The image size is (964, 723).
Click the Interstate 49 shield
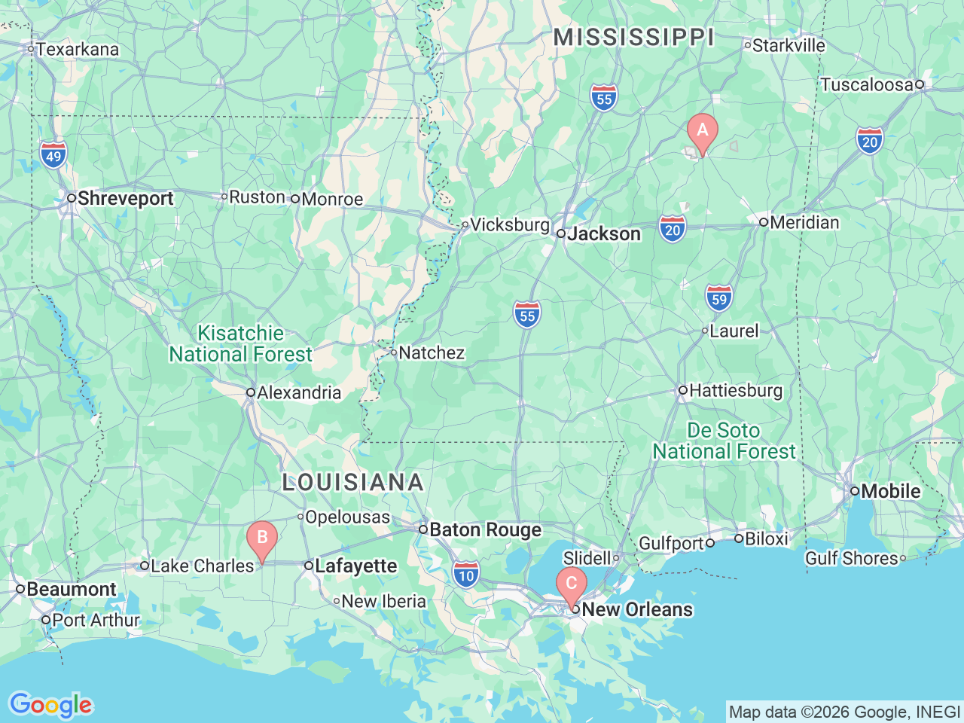(53, 155)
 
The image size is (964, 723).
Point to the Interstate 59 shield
(719, 297)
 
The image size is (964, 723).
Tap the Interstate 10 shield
(466, 574)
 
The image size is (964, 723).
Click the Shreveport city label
(125, 198)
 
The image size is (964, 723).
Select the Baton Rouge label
(484, 530)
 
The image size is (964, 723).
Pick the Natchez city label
(431, 352)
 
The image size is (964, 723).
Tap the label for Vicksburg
(510, 224)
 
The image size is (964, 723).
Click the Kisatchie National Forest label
(240, 343)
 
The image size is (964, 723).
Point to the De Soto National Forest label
(724, 441)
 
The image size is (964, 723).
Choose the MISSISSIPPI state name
(633, 37)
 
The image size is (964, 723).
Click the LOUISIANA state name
(353, 483)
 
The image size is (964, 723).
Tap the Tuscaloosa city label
(867, 84)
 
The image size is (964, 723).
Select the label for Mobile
(890, 491)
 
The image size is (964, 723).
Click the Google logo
(50, 705)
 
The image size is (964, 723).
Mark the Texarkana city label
(78, 50)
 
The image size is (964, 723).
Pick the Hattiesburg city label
(735, 390)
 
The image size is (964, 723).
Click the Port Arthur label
(96, 620)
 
